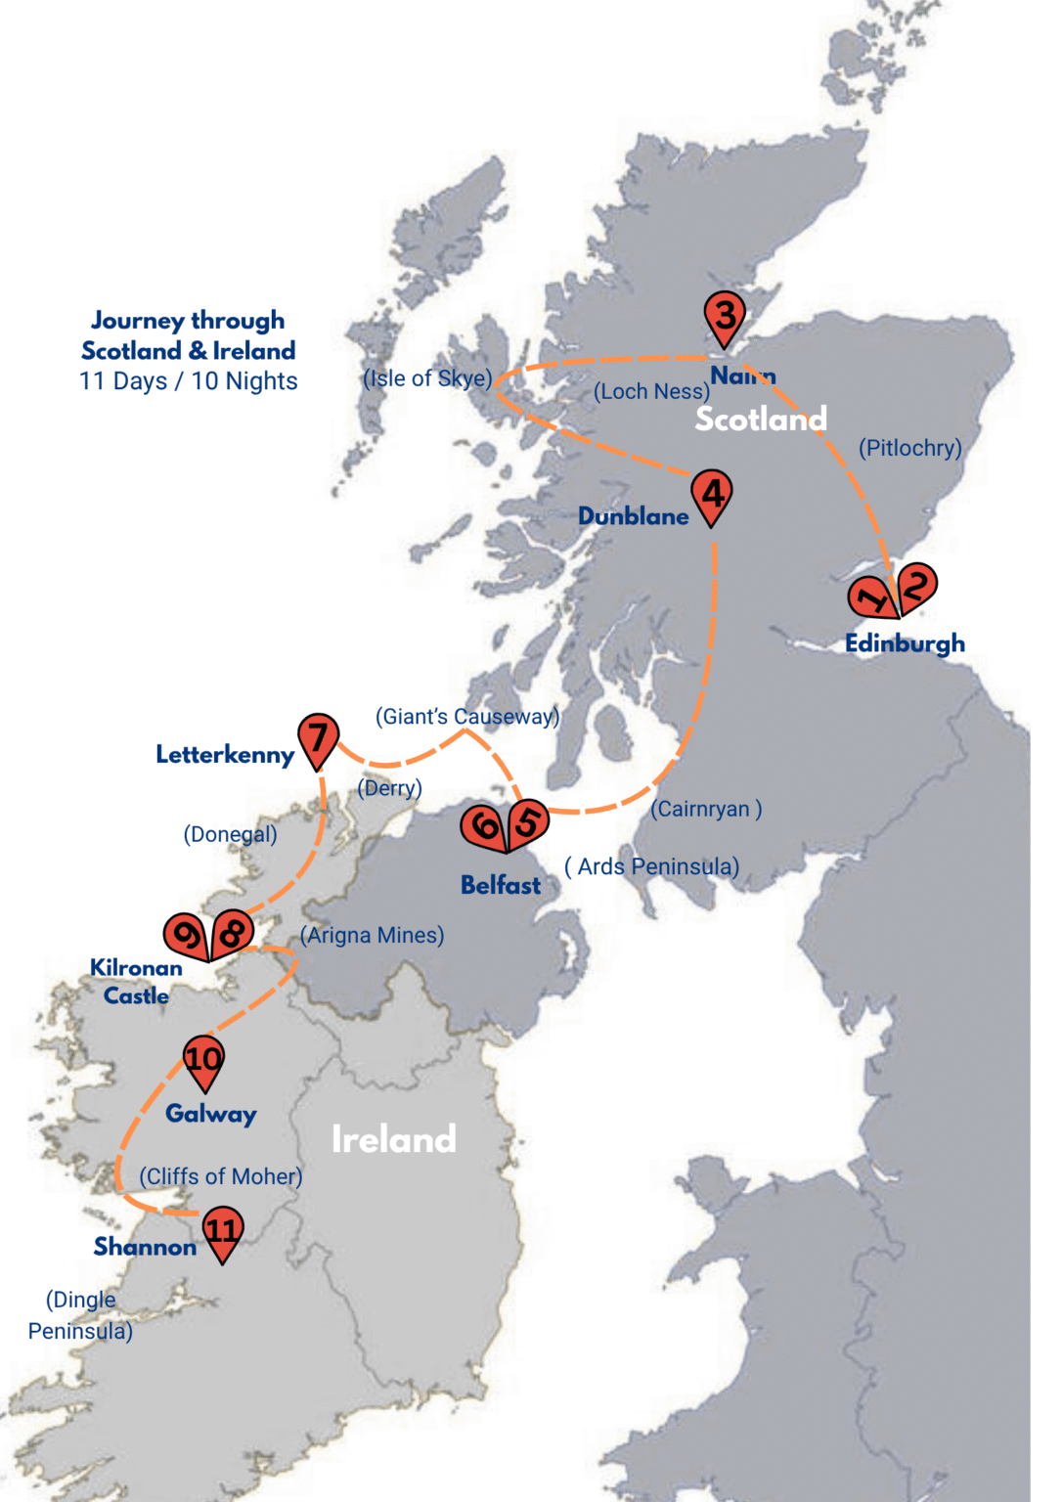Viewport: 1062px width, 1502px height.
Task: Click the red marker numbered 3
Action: [x=725, y=316]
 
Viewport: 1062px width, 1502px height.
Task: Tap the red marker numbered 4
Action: [x=711, y=494]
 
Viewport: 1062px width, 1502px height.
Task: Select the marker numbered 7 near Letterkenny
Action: [x=319, y=738]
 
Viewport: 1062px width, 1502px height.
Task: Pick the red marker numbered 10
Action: [x=203, y=1059]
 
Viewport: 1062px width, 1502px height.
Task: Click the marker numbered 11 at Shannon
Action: [x=222, y=1230]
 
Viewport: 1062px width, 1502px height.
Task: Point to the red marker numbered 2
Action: [x=916, y=587]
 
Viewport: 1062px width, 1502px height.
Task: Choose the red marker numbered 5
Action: [x=526, y=822]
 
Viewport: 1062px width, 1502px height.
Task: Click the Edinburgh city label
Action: [x=905, y=643]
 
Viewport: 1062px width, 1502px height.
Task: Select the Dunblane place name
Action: [x=633, y=516]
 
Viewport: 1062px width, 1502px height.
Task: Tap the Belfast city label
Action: [x=500, y=885]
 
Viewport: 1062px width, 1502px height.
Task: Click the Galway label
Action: [x=210, y=1113]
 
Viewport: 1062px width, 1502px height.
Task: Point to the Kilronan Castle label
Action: [x=136, y=982]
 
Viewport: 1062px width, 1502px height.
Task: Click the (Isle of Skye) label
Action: [x=427, y=378]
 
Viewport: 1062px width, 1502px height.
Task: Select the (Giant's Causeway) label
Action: [x=467, y=717]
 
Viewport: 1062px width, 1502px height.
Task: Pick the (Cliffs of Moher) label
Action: [x=220, y=1176]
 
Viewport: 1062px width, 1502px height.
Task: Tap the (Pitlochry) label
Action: [x=909, y=448]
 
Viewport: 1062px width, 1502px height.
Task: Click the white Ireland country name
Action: [x=393, y=1139]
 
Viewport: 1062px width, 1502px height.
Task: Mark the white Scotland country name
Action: [x=761, y=420]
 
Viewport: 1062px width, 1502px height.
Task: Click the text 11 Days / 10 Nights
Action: [x=188, y=381]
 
